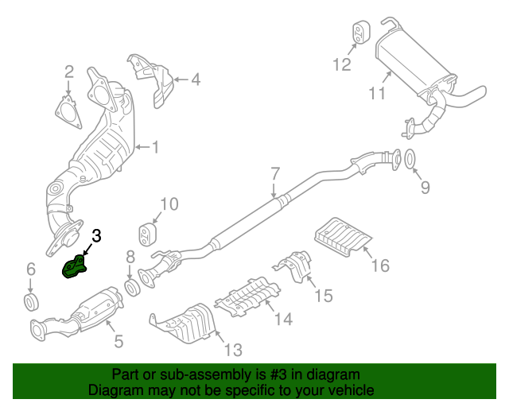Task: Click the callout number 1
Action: pos(156,146)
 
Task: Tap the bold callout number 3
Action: pos(96,235)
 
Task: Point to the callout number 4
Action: pos(195,79)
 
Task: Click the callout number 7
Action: pos(275,173)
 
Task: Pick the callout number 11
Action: pos(377,94)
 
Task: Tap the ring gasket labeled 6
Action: pos(32,301)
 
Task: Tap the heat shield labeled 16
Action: pos(344,236)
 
